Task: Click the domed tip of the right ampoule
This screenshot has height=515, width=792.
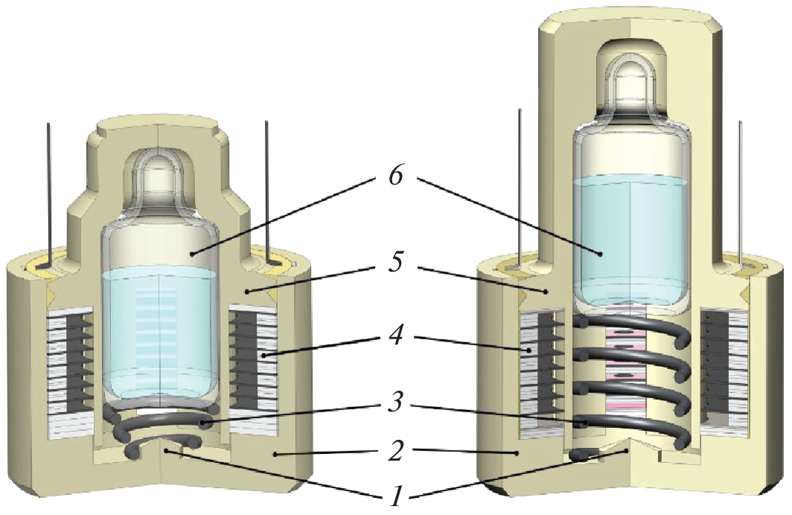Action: pyautogui.click(x=630, y=74)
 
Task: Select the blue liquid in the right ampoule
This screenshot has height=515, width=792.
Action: pyautogui.click(x=631, y=238)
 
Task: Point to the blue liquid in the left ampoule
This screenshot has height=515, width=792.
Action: pyautogui.click(x=159, y=327)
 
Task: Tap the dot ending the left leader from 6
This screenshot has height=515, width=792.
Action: pyautogui.click(x=193, y=253)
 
